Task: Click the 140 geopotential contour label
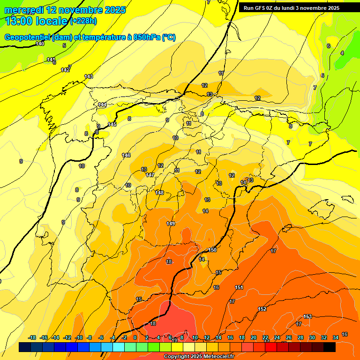tap(40, 44)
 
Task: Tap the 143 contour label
tap(89, 76)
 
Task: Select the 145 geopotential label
tap(112, 124)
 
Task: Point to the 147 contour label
tap(150, 175)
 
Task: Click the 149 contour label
tap(171, 224)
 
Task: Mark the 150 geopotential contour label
tap(212, 250)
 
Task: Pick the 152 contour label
tap(262, 309)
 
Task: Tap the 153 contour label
tap(307, 317)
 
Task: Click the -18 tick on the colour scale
tap(32, 337)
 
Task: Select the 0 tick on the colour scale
tap(135, 337)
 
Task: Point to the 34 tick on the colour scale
tap(336, 337)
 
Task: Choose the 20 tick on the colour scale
tap(254, 337)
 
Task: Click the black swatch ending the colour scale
tap(330, 347)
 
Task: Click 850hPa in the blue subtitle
tap(146, 37)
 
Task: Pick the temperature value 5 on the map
tap(64, 45)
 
